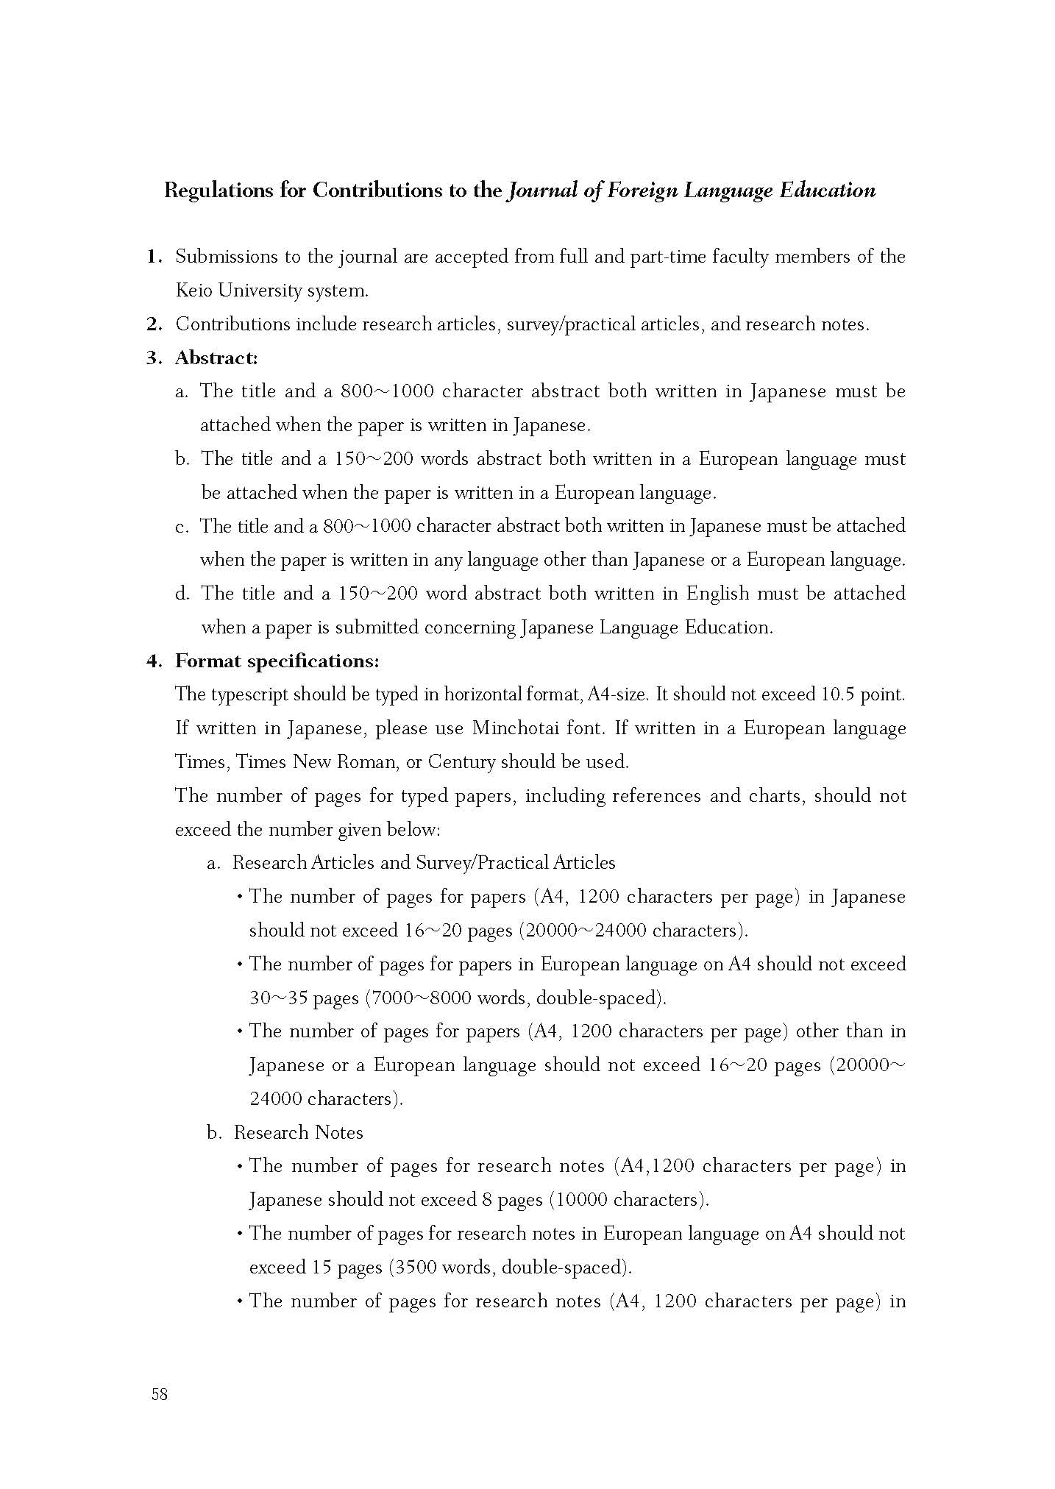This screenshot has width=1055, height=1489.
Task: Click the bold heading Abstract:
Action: point(216,358)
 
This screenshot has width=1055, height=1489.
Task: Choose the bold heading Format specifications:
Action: point(277,661)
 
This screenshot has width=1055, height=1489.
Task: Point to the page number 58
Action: point(159,1394)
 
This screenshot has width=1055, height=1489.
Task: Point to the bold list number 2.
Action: point(154,324)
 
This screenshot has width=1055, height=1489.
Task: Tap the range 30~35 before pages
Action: point(278,998)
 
